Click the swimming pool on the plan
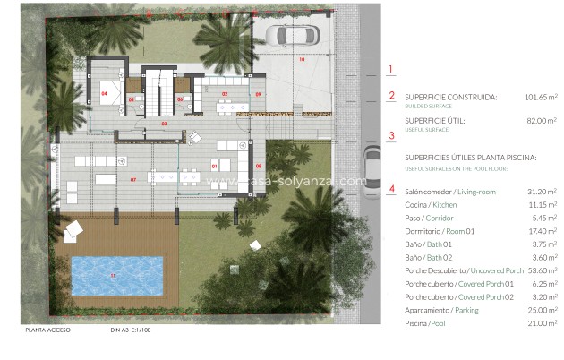(x=118, y=276)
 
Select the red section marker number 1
(x=390, y=69)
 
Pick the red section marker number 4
(x=390, y=189)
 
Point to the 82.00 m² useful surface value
(x=541, y=121)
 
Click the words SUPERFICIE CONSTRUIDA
(x=450, y=97)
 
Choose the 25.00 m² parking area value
(x=541, y=310)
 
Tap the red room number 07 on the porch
(x=133, y=180)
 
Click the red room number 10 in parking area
(x=302, y=59)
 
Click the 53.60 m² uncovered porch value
(x=541, y=270)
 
